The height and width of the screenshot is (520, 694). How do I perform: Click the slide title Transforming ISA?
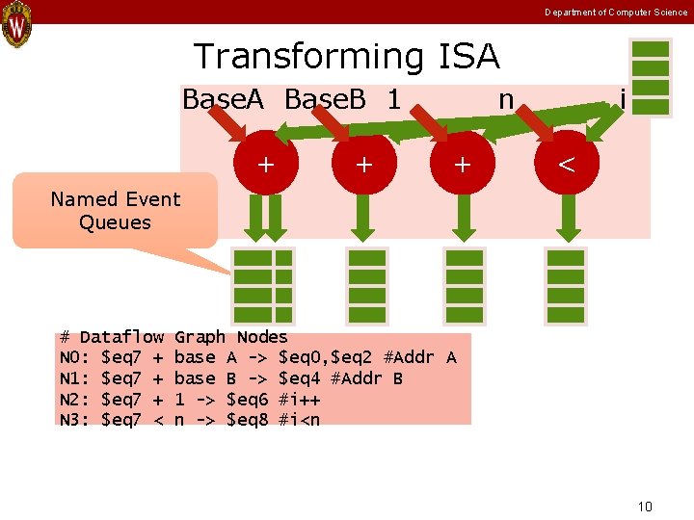[347, 57]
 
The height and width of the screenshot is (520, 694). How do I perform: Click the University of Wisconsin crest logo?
[16, 24]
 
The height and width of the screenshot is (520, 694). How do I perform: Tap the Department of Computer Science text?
[616, 12]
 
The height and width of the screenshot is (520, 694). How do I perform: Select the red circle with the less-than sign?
[566, 164]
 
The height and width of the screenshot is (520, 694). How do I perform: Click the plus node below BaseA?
[263, 164]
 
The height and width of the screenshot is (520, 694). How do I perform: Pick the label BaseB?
[326, 99]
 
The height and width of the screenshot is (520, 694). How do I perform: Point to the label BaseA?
[223, 99]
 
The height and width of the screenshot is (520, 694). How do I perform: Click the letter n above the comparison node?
[505, 99]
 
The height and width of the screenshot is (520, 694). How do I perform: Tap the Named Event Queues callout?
[116, 211]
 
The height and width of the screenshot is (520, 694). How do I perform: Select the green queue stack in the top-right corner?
[651, 79]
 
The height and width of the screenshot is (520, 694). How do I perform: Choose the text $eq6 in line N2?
[251, 399]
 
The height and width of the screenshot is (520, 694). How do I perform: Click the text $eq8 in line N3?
[251, 419]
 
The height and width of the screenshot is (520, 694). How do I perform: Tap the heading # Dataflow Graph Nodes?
[173, 337]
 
